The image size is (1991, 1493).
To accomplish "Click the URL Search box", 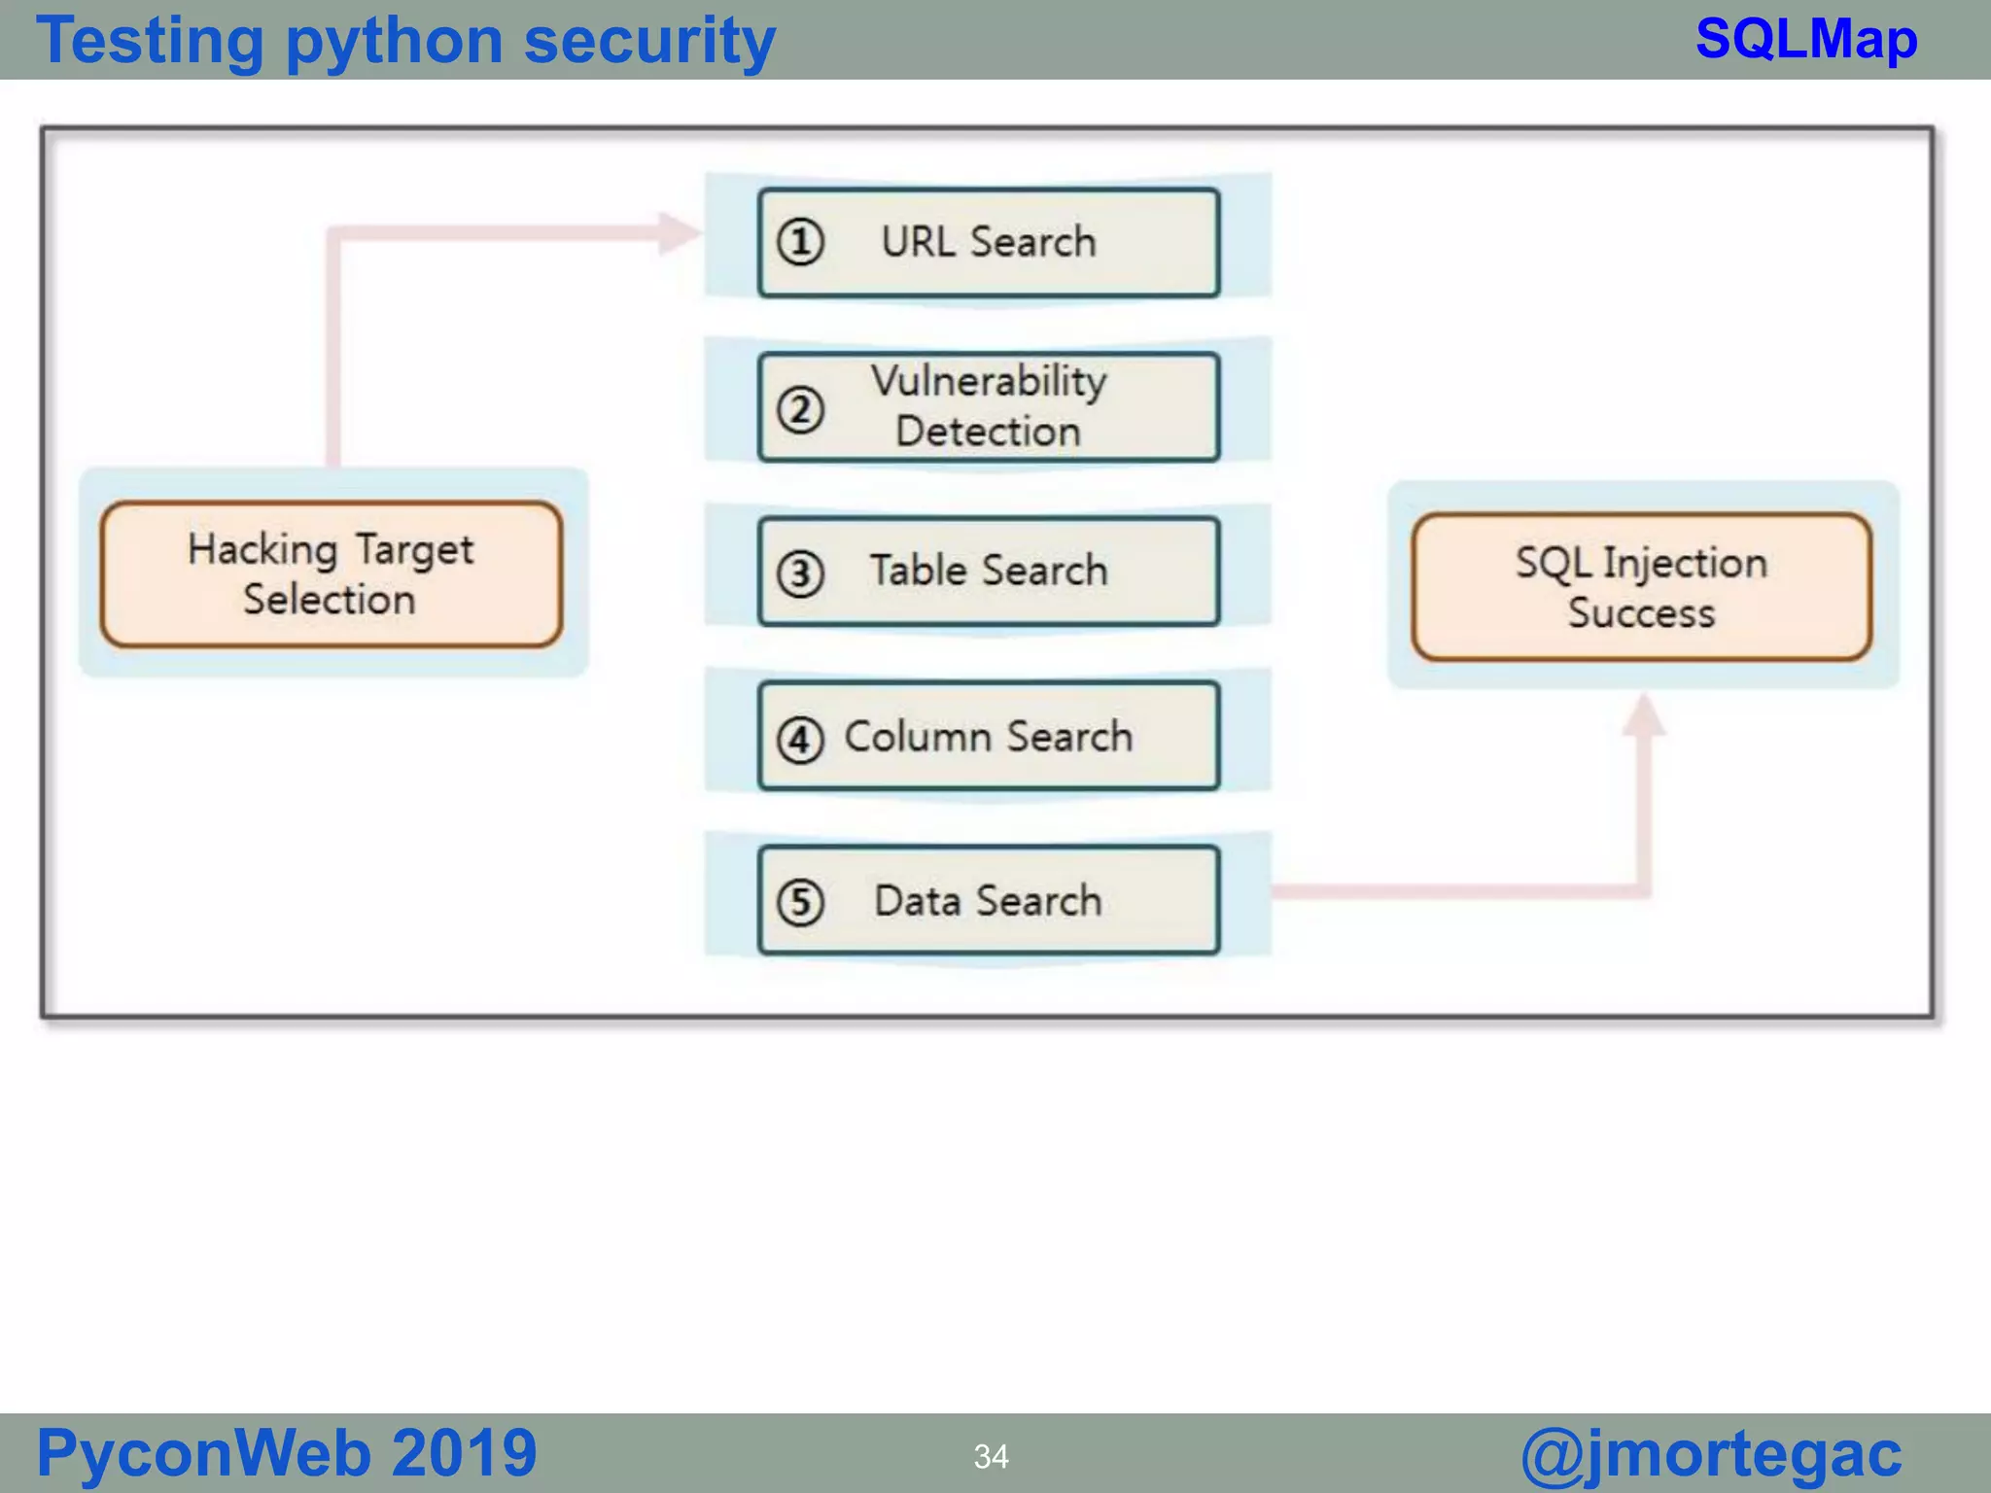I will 988,243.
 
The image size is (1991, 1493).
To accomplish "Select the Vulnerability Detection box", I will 988,406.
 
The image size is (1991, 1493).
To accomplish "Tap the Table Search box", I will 988,571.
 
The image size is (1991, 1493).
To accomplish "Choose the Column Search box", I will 988,736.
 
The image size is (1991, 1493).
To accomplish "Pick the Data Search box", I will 988,900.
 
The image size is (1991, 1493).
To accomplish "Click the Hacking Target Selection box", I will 332,573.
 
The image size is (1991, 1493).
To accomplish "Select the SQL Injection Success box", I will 1641,587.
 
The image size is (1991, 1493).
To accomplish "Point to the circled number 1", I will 800,242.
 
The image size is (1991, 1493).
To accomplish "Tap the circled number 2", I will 800,409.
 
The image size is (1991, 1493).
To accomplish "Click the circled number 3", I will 800,573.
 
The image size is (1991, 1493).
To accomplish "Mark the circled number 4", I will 800,740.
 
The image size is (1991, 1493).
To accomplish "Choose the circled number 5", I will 800,902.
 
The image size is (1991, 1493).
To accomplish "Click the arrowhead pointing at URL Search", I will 680,232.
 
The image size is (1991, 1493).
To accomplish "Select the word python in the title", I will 393,43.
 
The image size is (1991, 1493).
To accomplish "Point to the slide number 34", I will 991,1456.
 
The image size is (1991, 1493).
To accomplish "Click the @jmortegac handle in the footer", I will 1711,1454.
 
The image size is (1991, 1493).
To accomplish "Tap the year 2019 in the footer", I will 464,1453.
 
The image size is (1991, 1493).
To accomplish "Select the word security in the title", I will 649,43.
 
